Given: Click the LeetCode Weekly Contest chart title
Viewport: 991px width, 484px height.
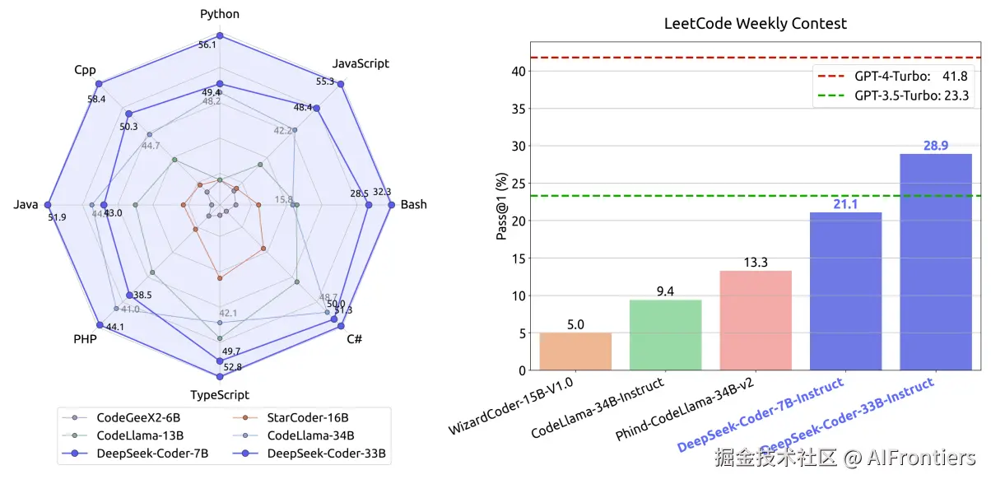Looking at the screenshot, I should click(x=755, y=24).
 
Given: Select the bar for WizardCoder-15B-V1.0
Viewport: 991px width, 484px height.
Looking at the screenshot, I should click(x=575, y=351).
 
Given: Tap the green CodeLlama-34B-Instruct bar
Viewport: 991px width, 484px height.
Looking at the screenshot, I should click(x=665, y=335).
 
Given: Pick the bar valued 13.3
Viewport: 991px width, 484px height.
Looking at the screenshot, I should click(x=755, y=320).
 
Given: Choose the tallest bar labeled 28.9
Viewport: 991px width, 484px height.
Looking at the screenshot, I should click(x=935, y=262).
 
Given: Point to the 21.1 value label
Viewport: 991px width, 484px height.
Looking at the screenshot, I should click(x=845, y=204).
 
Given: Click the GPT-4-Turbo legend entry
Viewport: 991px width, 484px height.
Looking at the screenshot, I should click(x=893, y=77).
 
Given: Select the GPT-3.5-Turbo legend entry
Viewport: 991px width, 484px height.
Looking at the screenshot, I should click(x=893, y=95).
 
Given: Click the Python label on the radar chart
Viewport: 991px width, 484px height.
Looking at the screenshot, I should click(x=220, y=15).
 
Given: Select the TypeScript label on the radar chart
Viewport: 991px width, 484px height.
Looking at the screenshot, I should click(x=220, y=395).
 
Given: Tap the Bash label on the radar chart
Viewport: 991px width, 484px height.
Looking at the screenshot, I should click(x=413, y=204).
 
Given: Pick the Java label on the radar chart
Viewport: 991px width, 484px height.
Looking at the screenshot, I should click(x=26, y=205).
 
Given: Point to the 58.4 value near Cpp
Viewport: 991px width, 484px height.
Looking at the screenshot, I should click(x=96, y=100).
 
